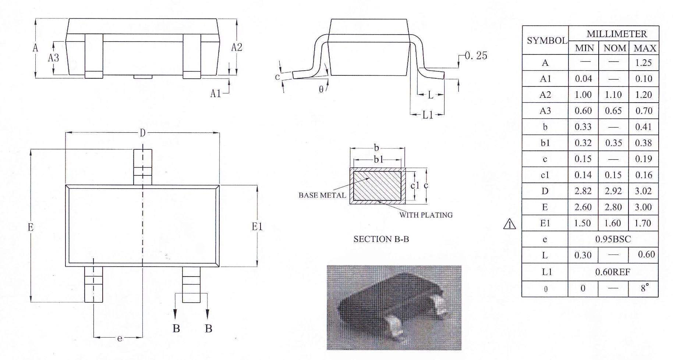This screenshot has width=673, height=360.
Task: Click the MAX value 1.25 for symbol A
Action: [643, 63]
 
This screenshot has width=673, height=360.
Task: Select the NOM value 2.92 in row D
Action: [613, 191]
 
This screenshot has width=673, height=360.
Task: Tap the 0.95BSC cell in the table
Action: [613, 239]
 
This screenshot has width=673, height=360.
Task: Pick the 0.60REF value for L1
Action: [613, 272]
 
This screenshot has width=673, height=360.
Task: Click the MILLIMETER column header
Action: [616, 34]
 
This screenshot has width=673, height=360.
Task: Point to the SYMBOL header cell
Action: [547, 40]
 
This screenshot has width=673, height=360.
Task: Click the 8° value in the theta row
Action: [644, 288]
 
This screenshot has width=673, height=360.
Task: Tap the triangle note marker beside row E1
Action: [509, 224]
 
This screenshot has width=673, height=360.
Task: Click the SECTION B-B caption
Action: [381, 239]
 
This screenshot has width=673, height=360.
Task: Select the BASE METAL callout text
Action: [322, 195]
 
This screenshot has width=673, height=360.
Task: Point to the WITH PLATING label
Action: [426, 215]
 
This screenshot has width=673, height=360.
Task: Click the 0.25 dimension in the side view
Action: [476, 56]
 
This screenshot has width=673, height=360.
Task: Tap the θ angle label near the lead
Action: [321, 89]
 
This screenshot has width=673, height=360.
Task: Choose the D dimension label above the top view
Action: [143, 133]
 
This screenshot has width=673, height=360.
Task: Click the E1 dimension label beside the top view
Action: [257, 226]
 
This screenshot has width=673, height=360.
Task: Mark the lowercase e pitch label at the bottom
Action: [120, 338]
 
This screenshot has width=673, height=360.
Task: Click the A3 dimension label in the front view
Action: [54, 58]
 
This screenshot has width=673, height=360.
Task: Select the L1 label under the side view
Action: [428, 115]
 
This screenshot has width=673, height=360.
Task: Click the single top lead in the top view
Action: [143, 167]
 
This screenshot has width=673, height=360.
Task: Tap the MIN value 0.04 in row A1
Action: [583, 79]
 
